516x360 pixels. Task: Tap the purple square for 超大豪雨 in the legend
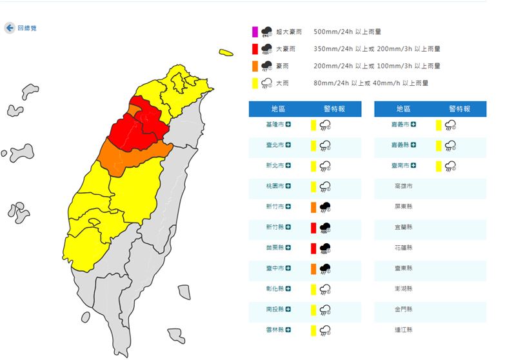[255, 31]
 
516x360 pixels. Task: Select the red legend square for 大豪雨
[255, 48]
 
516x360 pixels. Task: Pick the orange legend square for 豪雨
[255, 66]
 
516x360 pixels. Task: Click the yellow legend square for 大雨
[255, 83]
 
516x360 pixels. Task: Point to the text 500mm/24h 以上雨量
[347, 31]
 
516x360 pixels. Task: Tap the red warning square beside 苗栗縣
[313, 248]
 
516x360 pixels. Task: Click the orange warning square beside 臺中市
[313, 268]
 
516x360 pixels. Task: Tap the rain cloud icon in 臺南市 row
[451, 166]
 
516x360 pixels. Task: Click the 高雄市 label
[404, 186]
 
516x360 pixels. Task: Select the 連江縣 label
[404, 330]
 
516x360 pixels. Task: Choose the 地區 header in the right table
[403, 109]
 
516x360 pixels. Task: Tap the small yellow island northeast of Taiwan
[225, 52]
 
